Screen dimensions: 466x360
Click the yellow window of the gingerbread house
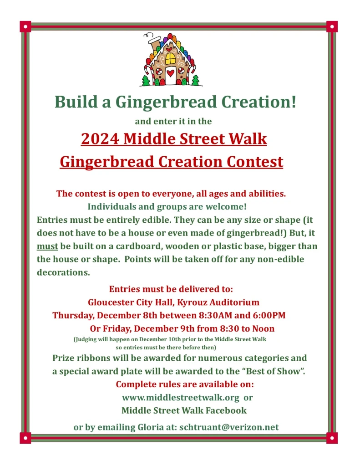170,58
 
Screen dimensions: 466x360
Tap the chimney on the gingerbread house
154,44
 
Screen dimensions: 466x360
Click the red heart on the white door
171,72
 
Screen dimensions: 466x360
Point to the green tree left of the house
146,81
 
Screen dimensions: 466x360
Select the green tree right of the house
195,81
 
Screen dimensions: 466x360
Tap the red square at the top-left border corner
25,26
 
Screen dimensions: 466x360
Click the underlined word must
47,246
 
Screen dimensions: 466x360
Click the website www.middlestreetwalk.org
181,397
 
